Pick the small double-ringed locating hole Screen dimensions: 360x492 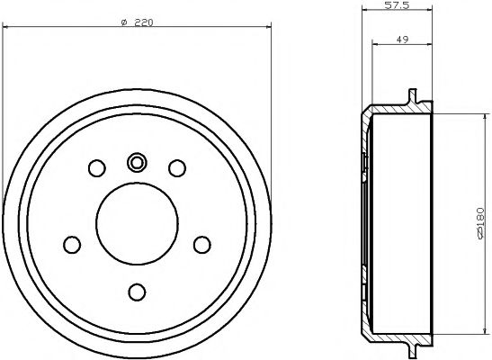(137, 162)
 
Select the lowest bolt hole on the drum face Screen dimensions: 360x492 (137, 291)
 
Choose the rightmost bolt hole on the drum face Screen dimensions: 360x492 (201, 244)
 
